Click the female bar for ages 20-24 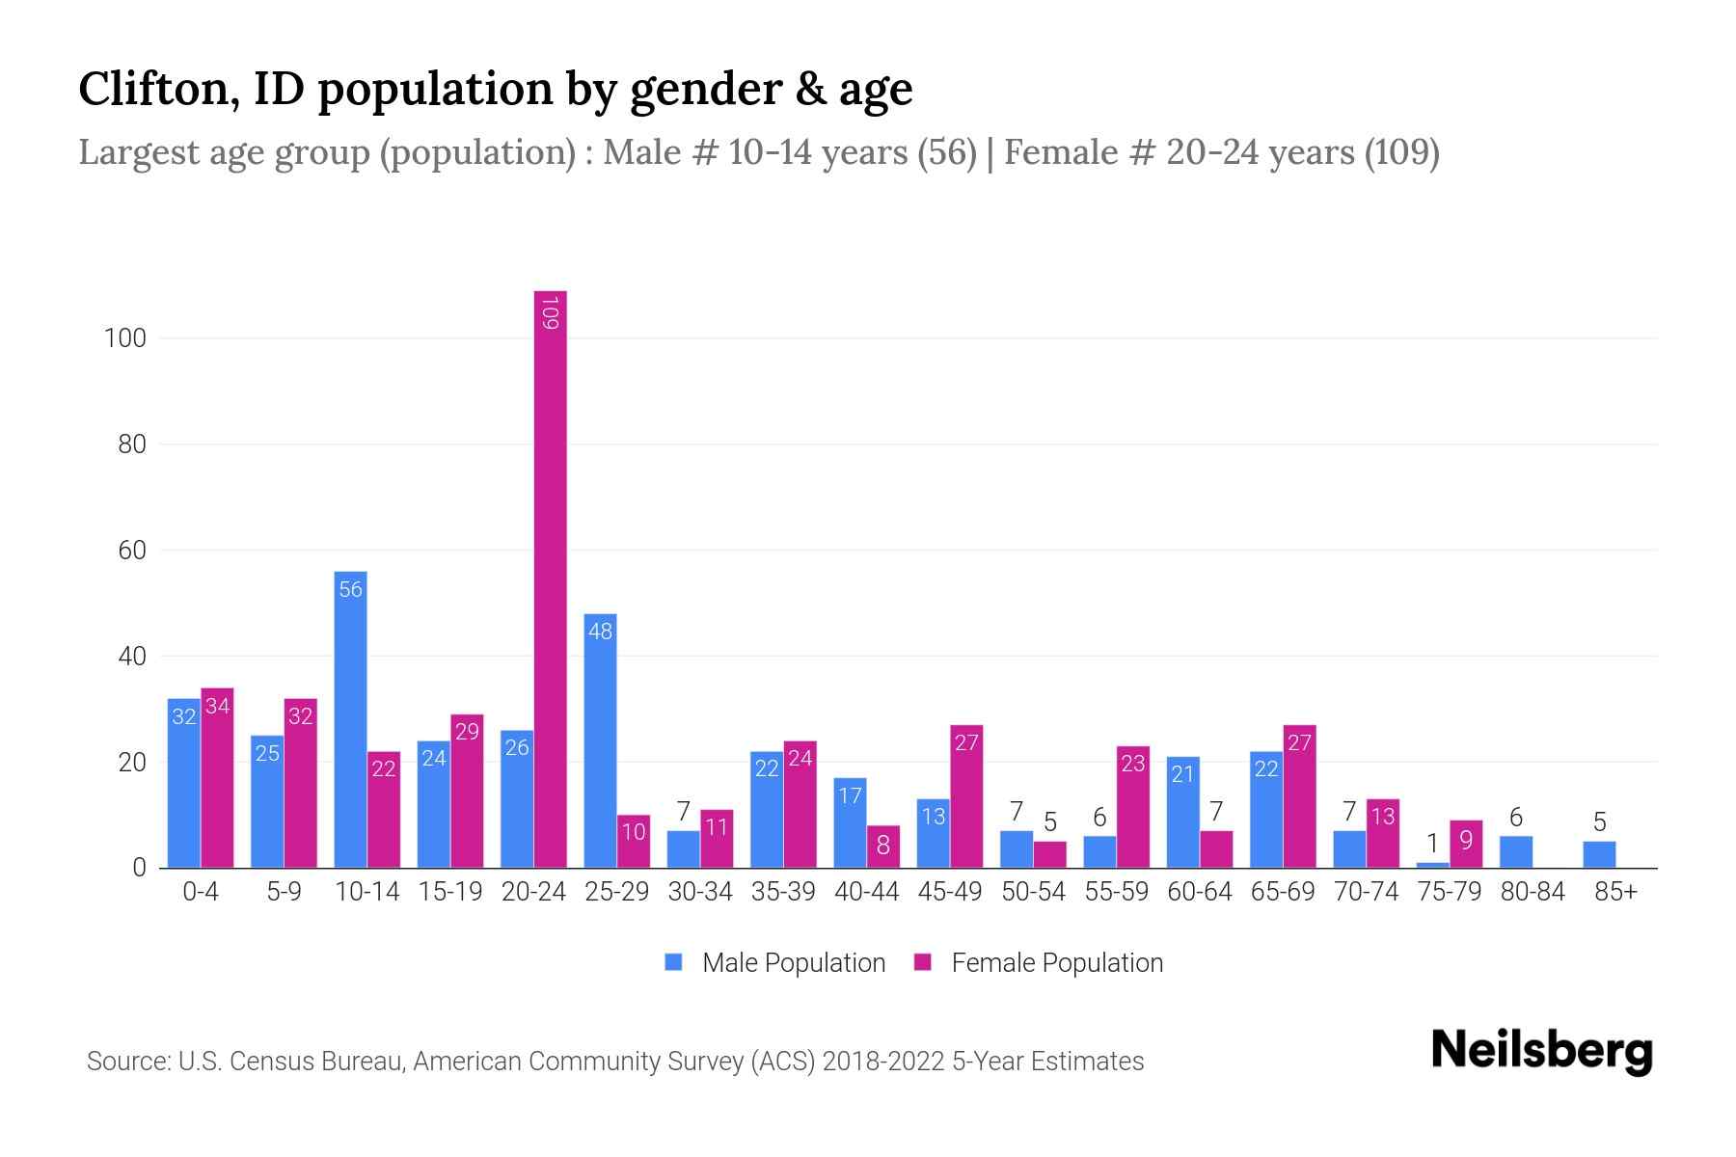click(x=550, y=578)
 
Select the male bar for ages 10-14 click(x=350, y=718)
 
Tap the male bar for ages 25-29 click(x=600, y=740)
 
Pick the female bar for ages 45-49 click(x=966, y=796)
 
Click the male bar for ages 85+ click(x=1599, y=854)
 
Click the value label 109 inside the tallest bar click(x=550, y=313)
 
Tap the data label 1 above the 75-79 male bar click(x=1432, y=844)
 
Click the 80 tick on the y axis click(x=125, y=444)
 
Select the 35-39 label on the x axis click(x=783, y=892)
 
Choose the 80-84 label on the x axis click(x=1533, y=892)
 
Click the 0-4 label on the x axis click(x=201, y=892)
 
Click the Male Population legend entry click(x=793, y=963)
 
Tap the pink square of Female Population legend click(x=923, y=962)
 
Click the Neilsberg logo click(x=1541, y=1051)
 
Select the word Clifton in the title click(x=159, y=89)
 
